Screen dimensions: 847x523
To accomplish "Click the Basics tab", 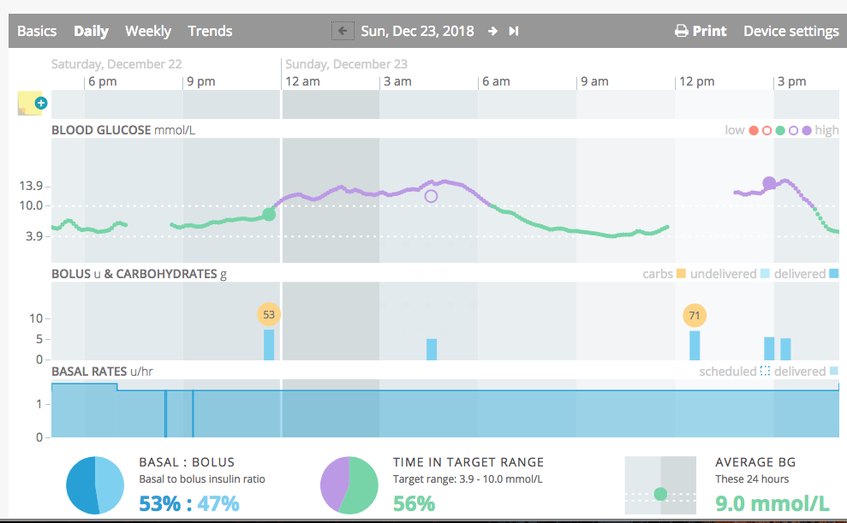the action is click(37, 32).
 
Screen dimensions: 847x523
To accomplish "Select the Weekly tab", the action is click(148, 32).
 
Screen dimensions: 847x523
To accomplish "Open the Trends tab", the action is click(210, 32).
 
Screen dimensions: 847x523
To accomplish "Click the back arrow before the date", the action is click(343, 31).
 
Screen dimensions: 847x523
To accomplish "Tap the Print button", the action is click(701, 32).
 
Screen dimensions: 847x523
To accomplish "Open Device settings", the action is click(790, 32).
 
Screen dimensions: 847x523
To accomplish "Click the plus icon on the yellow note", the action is click(40, 103).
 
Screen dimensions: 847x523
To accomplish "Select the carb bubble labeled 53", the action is click(268, 315).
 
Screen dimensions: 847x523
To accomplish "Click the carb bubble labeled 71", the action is click(695, 315).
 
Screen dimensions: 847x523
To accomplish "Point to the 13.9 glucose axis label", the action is click(31, 187).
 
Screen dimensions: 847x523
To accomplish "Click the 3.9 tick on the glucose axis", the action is click(34, 236).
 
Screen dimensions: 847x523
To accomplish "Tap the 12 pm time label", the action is click(697, 81).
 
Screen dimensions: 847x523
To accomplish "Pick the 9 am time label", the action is click(594, 81).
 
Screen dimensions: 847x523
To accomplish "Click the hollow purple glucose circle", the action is click(431, 196).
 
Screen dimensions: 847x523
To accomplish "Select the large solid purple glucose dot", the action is click(769, 183).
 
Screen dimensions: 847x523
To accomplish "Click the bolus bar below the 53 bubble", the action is click(268, 345).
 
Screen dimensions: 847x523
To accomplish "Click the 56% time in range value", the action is click(414, 503).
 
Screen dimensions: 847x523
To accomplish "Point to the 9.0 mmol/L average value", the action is click(772, 503).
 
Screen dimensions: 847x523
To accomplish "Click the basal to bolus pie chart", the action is click(95, 485).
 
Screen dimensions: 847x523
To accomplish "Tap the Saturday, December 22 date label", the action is click(116, 64).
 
